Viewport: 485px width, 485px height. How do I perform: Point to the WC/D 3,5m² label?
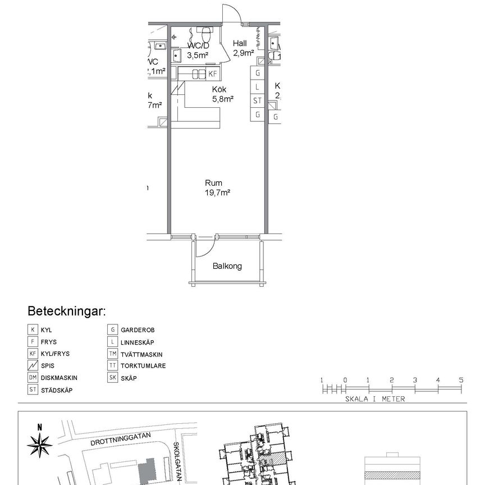pos(198,51)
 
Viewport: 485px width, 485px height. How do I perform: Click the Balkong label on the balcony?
pos(227,266)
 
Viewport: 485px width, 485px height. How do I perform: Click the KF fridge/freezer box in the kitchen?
pos(213,74)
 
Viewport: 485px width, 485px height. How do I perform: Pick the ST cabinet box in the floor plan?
pos(258,101)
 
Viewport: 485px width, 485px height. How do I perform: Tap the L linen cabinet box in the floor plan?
pos(258,87)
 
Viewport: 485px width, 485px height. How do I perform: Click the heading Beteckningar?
pos(67,312)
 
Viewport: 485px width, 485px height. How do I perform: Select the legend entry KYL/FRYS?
pos(55,354)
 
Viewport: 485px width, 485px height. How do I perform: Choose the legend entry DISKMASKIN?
pos(58,378)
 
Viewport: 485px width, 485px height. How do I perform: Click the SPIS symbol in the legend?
pos(33,366)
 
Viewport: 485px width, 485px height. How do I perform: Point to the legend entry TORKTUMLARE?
pos(143,366)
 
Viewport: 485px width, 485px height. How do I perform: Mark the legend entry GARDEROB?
pos(137,330)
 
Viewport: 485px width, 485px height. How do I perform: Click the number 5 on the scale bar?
pos(461,380)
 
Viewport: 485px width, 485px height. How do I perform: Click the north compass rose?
pos(39,446)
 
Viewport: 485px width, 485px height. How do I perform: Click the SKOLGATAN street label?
pos(179,460)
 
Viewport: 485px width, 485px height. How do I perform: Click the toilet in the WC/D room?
pos(206,31)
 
